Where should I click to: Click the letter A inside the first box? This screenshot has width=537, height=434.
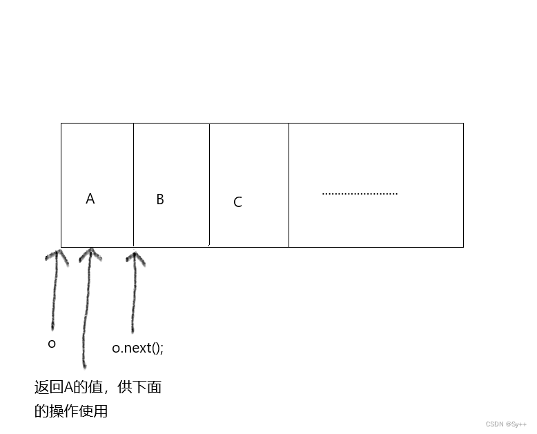point(90,199)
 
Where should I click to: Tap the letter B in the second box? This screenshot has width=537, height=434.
point(160,199)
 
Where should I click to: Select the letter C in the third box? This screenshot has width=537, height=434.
point(237,202)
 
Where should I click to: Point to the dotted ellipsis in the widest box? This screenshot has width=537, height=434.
point(360,194)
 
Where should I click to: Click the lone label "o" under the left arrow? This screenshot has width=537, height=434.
point(52,344)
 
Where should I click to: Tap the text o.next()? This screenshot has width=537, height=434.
point(138,348)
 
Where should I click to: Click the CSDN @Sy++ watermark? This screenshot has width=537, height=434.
point(507,424)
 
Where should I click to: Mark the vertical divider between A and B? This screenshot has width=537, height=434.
point(133,185)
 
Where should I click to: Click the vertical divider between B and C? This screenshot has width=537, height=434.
point(209,185)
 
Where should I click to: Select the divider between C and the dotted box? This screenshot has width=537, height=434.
point(289,185)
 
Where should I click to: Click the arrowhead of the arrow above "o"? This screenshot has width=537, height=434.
point(57,255)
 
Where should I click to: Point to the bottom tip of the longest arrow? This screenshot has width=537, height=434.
point(84,366)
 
